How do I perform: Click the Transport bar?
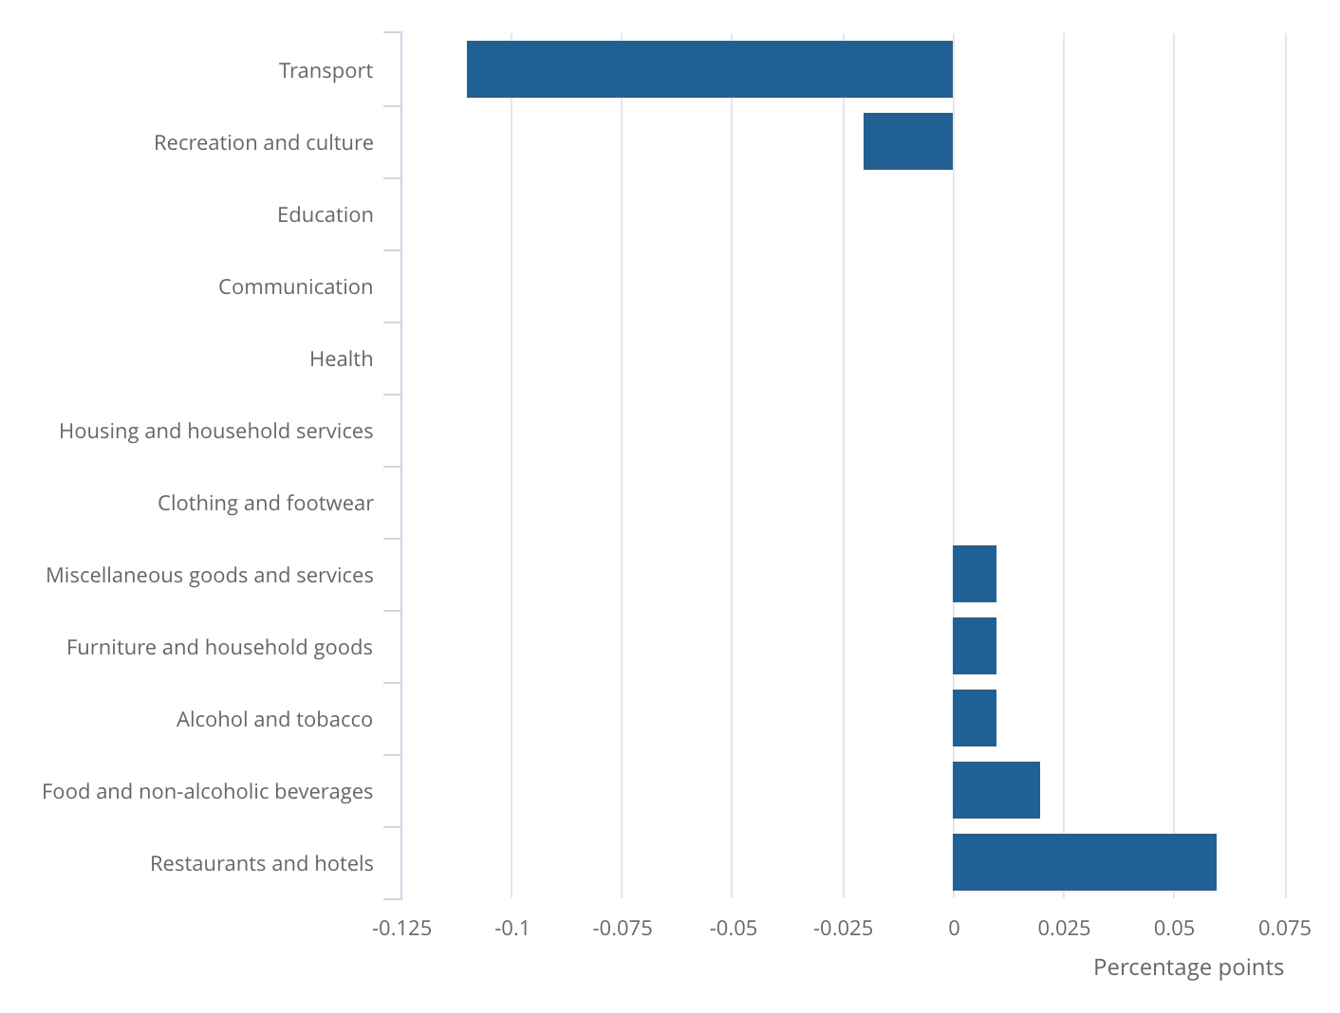(709, 69)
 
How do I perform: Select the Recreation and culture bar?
(907, 141)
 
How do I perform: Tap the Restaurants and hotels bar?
(1084, 862)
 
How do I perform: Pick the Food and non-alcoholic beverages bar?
(996, 790)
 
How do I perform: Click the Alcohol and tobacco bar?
(974, 718)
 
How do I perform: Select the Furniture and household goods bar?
(974, 646)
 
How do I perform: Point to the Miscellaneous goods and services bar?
(974, 574)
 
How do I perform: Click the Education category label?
(325, 214)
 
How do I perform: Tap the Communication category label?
(295, 286)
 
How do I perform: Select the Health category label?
(341, 359)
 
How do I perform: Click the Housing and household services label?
(215, 431)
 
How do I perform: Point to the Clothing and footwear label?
(265, 503)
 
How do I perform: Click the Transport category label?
(326, 70)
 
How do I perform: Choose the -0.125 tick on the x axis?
(401, 928)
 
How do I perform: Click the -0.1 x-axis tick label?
(512, 928)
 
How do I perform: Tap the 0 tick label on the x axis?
(954, 928)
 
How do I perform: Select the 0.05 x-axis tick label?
(1174, 928)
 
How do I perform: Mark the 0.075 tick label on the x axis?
(1285, 928)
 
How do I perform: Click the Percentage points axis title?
(1188, 967)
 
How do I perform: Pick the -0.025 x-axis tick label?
(843, 928)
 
